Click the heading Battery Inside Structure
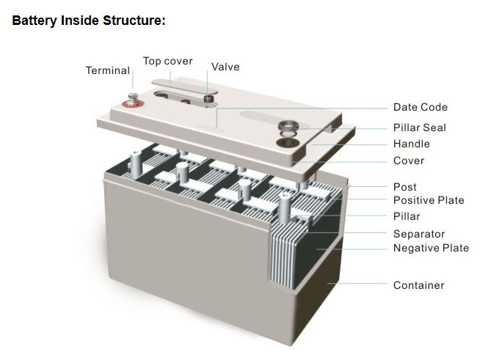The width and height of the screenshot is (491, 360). click(89, 21)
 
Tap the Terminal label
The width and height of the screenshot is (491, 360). click(107, 71)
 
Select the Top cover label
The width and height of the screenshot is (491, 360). click(167, 61)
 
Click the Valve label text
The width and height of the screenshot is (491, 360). click(225, 67)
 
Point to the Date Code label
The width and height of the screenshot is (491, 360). click(420, 107)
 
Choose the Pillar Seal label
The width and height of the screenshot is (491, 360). click(419, 128)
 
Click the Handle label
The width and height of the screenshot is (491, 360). click(412, 144)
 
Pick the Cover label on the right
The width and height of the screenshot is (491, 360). click(409, 161)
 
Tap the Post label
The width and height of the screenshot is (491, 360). click(405, 187)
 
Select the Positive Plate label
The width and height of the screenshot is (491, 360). click(429, 200)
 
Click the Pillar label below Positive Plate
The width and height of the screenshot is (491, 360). click(407, 216)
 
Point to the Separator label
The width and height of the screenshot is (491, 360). click(419, 234)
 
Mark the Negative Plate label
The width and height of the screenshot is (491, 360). click(431, 248)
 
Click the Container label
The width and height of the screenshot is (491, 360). click(419, 284)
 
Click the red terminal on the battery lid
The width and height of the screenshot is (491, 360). click(134, 100)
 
